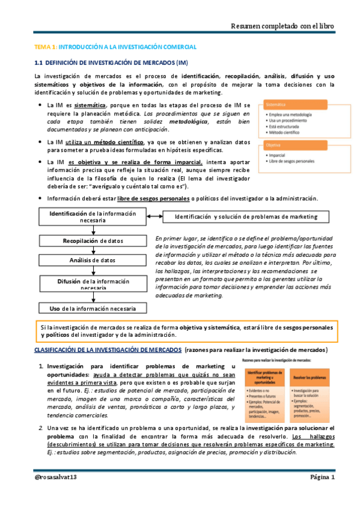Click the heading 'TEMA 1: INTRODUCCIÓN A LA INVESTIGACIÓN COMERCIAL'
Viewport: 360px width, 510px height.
115,46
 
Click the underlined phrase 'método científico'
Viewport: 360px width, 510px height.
119,142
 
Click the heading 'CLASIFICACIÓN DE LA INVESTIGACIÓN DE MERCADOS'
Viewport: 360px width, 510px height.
108,349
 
